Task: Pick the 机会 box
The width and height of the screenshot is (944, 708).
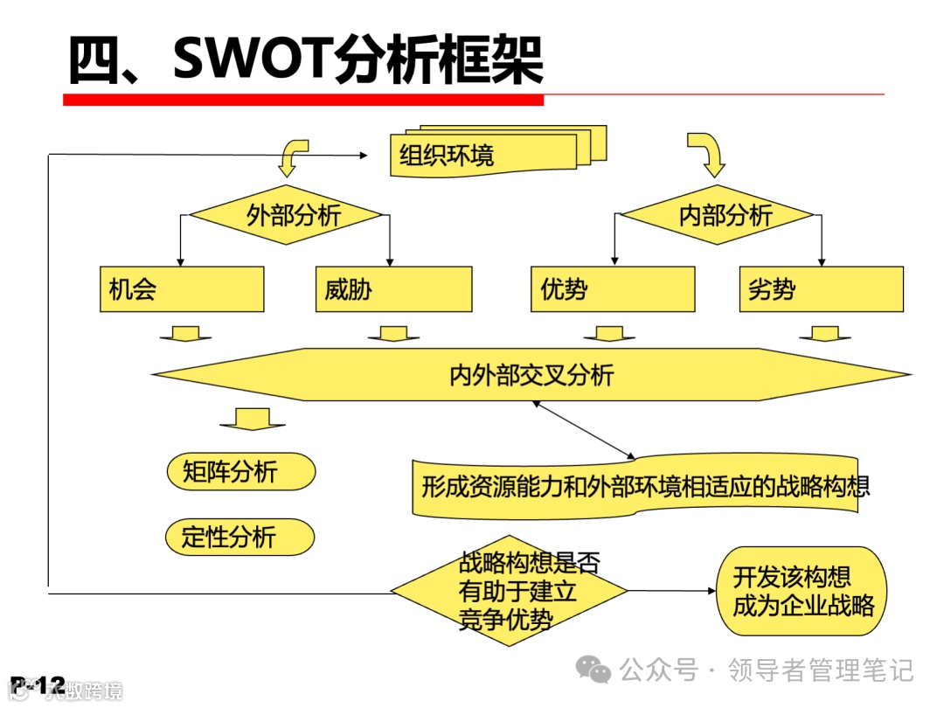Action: tap(182, 289)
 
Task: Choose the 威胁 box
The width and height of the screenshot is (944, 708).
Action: tap(393, 289)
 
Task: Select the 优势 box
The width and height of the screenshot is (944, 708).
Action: tap(612, 289)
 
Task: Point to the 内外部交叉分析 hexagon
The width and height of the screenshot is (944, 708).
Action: tap(531, 375)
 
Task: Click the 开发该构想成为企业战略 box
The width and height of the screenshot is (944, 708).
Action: tap(802, 592)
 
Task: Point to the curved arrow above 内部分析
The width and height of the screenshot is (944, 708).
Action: tap(706, 154)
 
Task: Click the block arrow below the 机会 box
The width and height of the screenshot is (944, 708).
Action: tap(185, 335)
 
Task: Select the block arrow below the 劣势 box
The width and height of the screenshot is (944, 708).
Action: tap(824, 335)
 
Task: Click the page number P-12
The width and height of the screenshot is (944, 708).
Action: tap(38, 684)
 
